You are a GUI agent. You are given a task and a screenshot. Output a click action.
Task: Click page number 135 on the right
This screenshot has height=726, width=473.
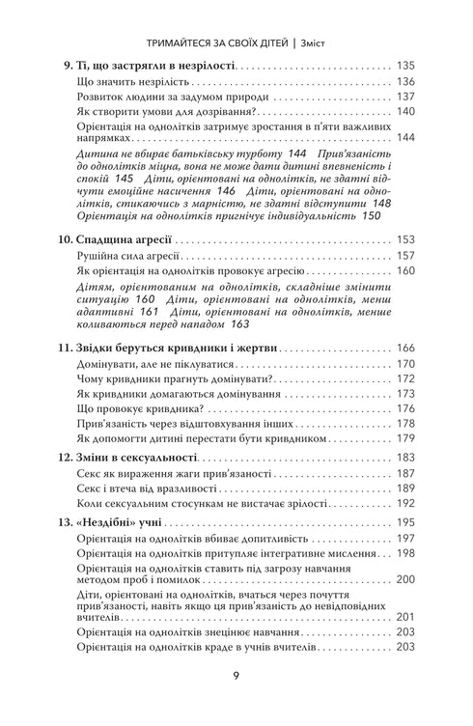pyautogui.click(x=405, y=67)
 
